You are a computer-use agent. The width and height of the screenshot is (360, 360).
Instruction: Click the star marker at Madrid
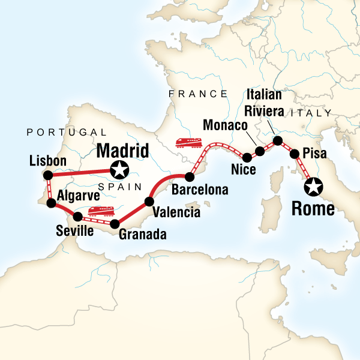[120, 170]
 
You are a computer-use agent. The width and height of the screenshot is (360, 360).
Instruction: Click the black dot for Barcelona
[189, 177]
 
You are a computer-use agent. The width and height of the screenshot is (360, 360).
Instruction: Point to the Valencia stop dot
[150, 201]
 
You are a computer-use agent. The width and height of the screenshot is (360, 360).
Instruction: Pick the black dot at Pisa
[295, 154]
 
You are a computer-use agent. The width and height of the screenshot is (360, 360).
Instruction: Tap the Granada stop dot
[114, 224]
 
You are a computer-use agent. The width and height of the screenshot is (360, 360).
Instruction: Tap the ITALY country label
[311, 112]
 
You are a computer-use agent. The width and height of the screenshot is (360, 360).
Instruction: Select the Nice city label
[244, 170]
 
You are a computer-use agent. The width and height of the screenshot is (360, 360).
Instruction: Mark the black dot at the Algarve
[52, 203]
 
